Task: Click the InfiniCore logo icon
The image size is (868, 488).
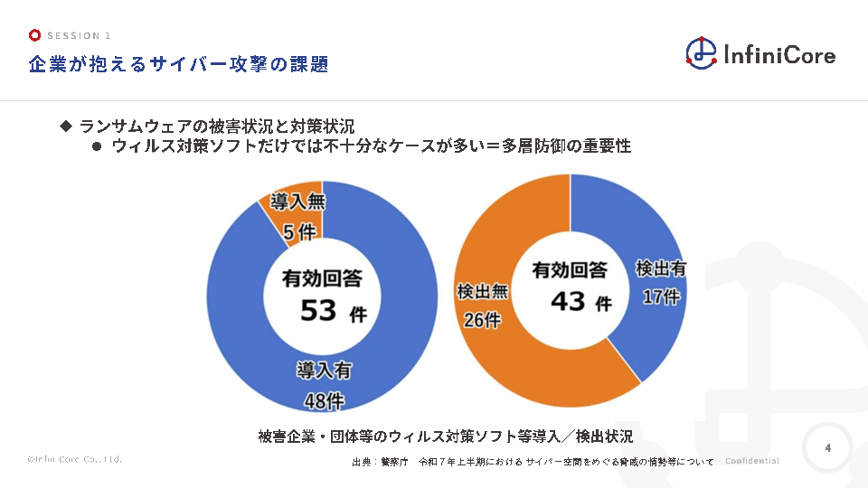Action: coord(701,52)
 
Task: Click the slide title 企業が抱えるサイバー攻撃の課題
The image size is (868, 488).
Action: coord(177,64)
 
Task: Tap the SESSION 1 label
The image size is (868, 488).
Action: coord(80,35)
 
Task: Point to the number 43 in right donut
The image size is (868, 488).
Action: coord(568,301)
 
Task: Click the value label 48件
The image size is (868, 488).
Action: coord(324,400)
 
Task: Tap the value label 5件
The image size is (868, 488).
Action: coord(299,233)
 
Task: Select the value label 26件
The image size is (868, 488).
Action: coord(481,320)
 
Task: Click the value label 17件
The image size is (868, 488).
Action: coord(660,296)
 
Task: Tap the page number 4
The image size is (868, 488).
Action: coord(827,447)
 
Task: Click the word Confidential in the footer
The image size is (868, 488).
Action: coord(751,461)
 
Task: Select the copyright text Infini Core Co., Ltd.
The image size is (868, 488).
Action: coord(74,459)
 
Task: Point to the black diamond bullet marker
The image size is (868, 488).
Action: coord(65,126)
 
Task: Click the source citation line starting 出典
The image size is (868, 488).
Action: coord(533,462)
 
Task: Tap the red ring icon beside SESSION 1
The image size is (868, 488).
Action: coord(34,35)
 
